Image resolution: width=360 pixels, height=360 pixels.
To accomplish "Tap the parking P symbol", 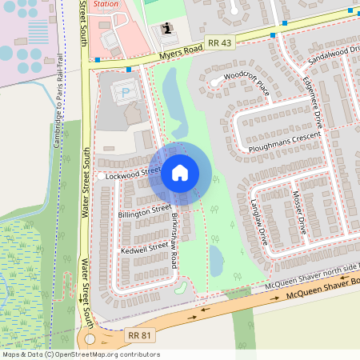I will pyautogui.click(x=125, y=93).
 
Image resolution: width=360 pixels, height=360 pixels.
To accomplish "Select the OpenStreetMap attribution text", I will pyautogui.click(x=81, y=354).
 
